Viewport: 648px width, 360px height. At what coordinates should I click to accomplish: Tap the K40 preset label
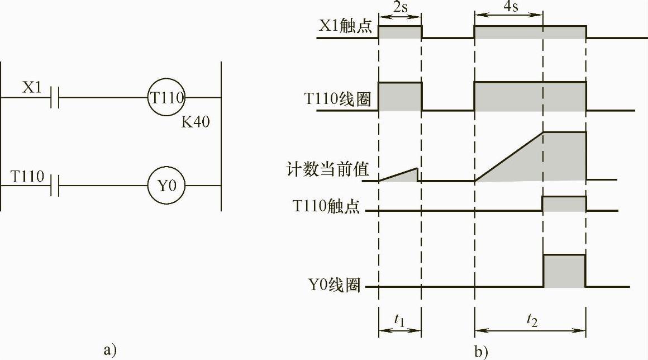point(196,122)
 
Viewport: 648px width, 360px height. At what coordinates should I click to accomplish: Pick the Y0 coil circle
point(166,185)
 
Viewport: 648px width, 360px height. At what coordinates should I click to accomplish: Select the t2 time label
point(530,320)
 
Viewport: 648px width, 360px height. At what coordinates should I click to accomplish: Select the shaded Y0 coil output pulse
point(564,271)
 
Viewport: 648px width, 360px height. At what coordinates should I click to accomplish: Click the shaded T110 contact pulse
point(564,204)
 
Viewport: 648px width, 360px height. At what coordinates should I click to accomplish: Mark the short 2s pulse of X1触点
point(400,32)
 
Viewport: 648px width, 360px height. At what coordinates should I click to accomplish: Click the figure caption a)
point(110,350)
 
